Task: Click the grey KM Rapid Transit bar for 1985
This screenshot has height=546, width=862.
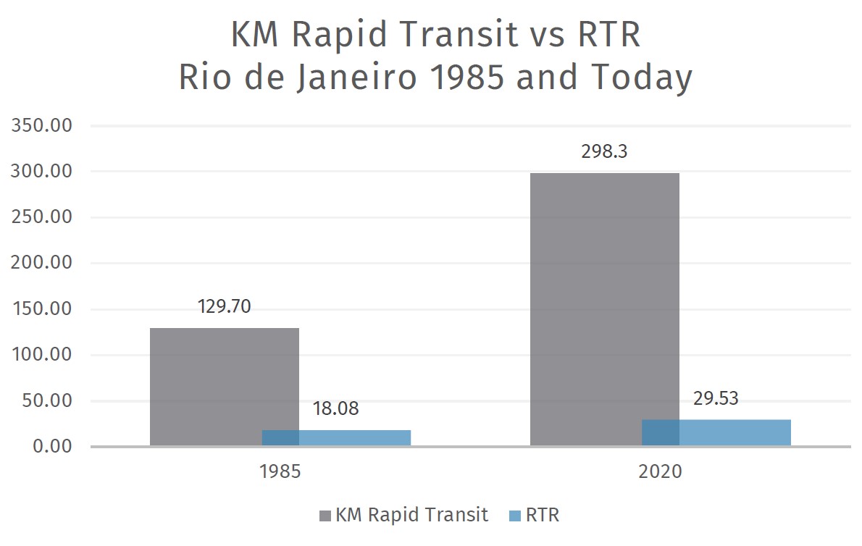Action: pos(206,384)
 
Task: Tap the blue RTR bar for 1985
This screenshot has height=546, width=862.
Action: pos(355,438)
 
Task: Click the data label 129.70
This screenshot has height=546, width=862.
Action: pos(224,306)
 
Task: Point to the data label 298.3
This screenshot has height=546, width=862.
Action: pos(604,153)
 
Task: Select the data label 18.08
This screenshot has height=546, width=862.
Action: pos(335,408)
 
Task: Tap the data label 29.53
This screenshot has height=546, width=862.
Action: pos(715,398)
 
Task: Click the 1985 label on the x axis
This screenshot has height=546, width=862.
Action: pos(280,472)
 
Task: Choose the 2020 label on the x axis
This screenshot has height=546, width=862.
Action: pos(660,472)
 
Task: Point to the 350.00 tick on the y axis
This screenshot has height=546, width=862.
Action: pos(41,126)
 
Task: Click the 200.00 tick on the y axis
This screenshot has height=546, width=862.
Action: pos(41,264)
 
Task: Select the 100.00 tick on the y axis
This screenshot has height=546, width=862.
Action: pos(41,355)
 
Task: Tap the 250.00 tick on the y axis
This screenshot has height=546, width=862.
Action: pos(41,218)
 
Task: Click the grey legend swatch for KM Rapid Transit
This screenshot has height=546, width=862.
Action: pos(325,516)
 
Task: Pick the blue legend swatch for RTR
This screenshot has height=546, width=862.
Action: pos(515,516)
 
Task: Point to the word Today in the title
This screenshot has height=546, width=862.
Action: pos(637,78)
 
